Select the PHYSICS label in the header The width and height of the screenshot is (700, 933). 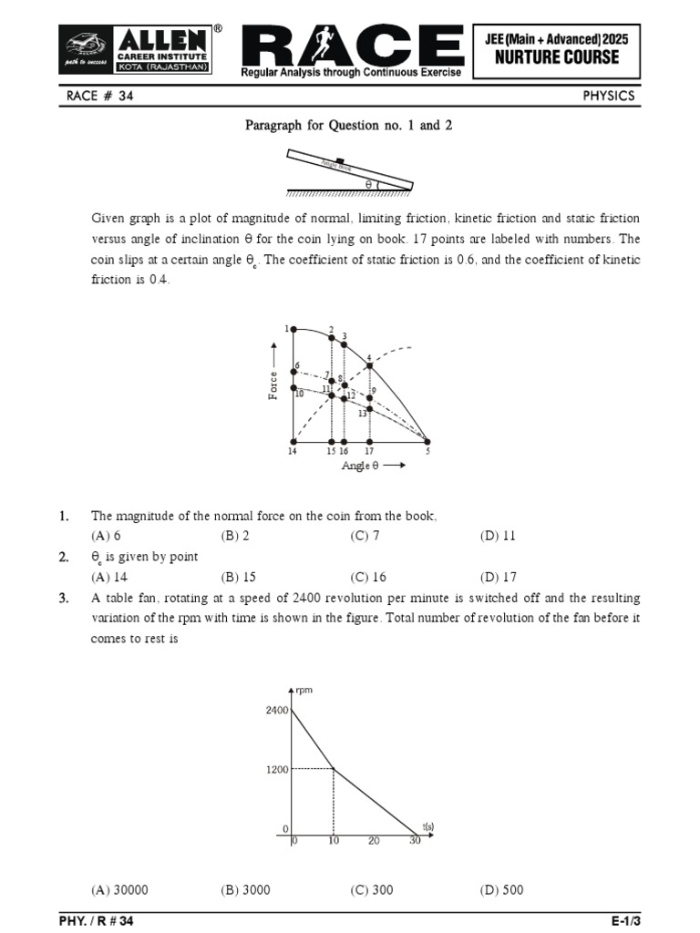[609, 97]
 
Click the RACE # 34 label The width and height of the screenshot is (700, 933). [100, 97]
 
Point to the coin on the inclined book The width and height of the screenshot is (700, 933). [339, 161]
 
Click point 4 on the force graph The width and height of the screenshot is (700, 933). [369, 366]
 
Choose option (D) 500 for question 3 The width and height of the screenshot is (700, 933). [501, 889]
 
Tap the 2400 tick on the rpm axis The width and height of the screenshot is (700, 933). [277, 709]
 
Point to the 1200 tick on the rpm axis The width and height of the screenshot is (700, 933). [277, 769]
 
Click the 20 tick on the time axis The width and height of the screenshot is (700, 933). [374, 841]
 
